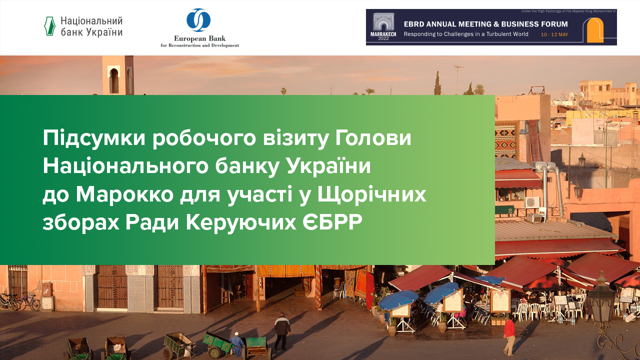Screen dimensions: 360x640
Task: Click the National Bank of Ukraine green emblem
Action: [49, 26]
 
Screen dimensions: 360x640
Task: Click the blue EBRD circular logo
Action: [198, 20]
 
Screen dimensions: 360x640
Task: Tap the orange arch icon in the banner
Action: [595, 30]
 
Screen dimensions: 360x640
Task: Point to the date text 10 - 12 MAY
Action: [554, 34]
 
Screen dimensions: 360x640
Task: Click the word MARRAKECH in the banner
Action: [383, 34]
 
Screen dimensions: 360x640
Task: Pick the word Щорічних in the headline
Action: [372, 194]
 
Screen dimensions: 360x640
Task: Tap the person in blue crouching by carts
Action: [237, 343]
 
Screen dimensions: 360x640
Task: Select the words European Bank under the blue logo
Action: [199, 38]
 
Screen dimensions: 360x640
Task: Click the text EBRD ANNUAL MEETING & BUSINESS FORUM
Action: [485, 24]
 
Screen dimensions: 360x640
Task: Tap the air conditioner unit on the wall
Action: [531, 202]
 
